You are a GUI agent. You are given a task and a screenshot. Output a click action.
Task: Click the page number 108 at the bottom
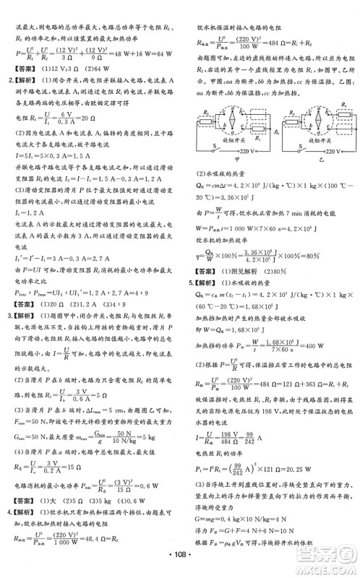point(180,560)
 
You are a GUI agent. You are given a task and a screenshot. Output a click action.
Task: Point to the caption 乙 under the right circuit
point(316,163)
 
